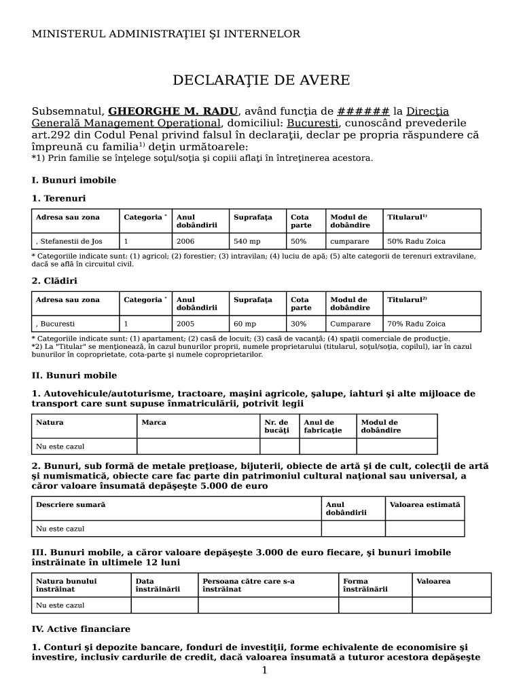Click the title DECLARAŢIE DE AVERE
pos(261,81)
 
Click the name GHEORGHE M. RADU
pos(173,111)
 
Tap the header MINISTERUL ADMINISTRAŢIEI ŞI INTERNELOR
pos(166,34)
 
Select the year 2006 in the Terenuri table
pos(185,241)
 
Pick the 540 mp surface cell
pos(247,241)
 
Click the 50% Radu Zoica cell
pos(416,241)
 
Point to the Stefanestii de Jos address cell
pos(69,241)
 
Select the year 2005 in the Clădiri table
pos(185,324)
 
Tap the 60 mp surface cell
pos(245,324)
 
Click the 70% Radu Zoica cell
pos(416,324)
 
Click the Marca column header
pos(154,422)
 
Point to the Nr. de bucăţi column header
pos(276,426)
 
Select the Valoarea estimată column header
pos(425,504)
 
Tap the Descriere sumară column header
pos(71,504)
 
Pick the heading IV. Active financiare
pos(81,629)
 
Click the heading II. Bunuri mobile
pos(74,375)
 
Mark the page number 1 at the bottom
pos(264,671)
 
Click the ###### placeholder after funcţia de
pos(363,111)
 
